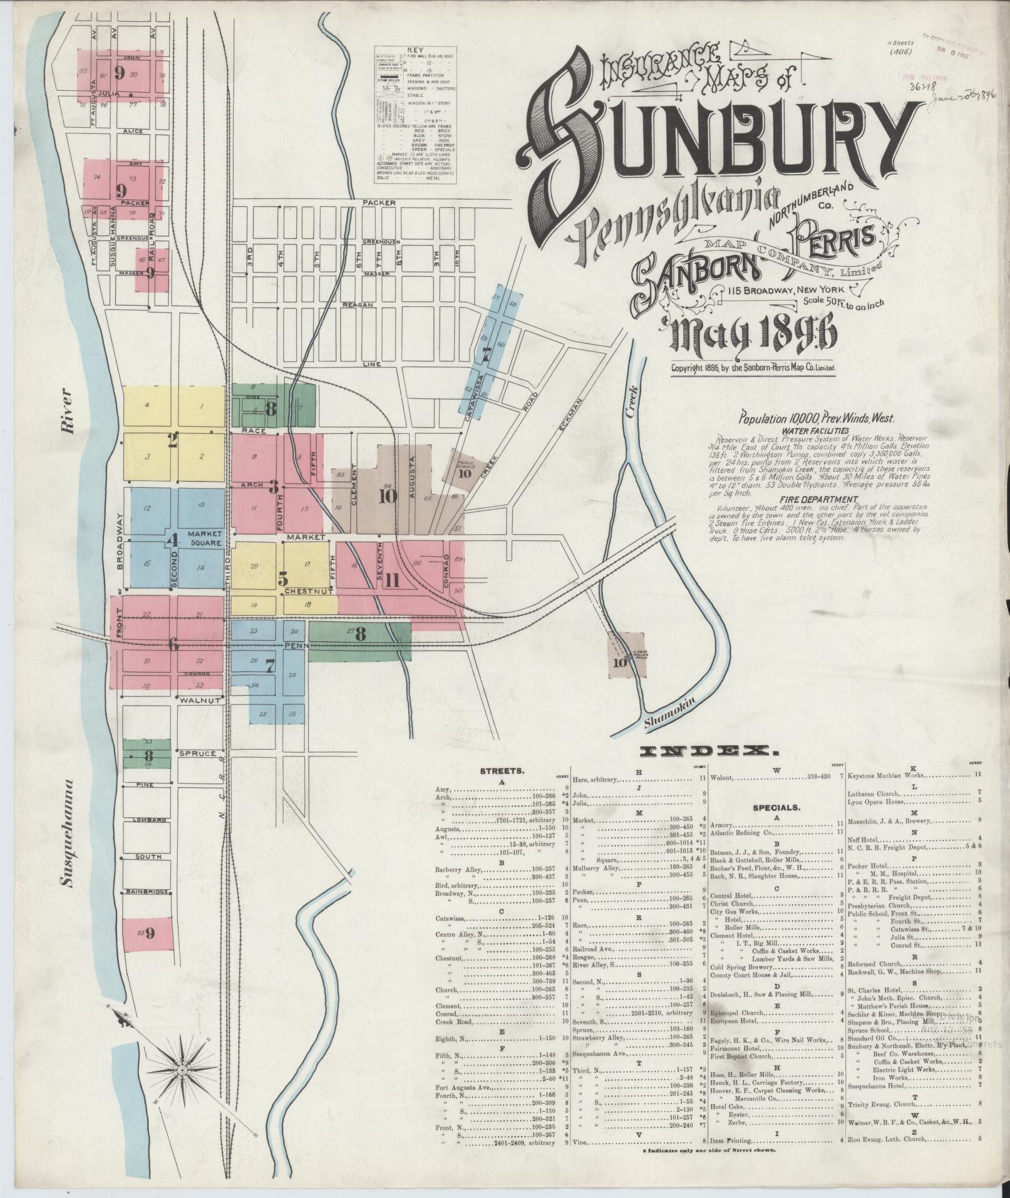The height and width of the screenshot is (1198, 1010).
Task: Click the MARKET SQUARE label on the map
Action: tap(200, 538)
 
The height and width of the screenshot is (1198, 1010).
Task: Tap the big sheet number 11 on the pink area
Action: tap(393, 580)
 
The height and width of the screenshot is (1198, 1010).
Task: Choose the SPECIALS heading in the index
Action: tap(776, 808)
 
